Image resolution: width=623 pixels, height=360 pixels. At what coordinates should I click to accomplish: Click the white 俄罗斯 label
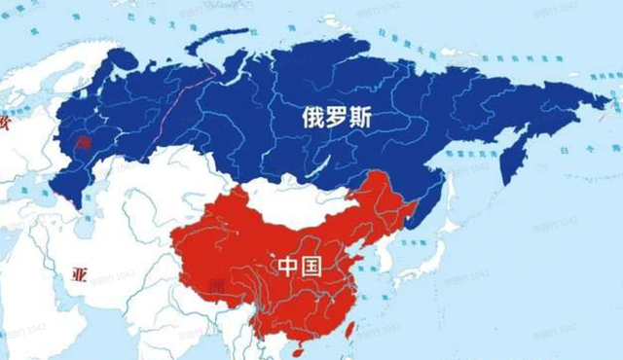(336, 121)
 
